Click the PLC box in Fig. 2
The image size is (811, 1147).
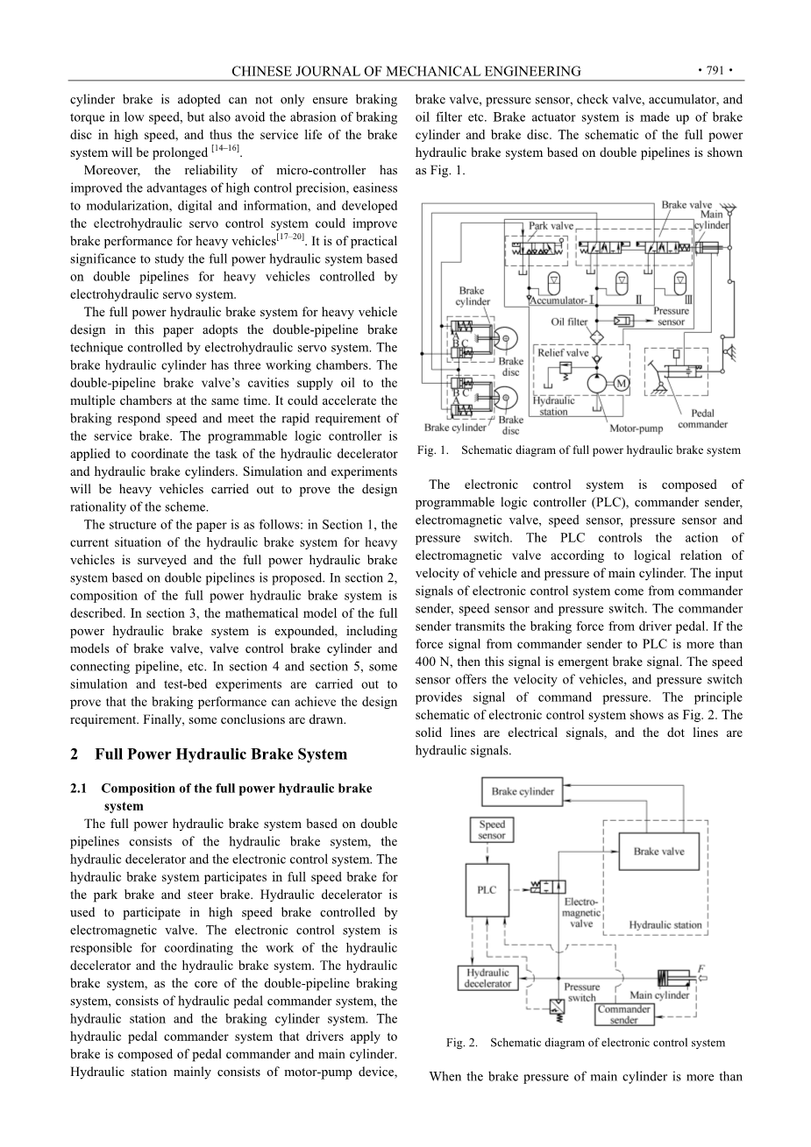(x=487, y=890)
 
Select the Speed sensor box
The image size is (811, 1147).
(x=492, y=830)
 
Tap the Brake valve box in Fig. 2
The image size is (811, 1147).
(x=658, y=851)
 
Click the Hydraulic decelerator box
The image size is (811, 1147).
(x=487, y=978)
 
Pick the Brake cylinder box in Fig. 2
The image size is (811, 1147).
(x=523, y=791)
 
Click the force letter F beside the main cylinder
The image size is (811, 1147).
(x=701, y=968)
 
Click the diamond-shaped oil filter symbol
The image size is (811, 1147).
(x=596, y=337)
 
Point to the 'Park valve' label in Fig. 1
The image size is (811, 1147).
(x=551, y=226)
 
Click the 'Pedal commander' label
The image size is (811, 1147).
(x=702, y=419)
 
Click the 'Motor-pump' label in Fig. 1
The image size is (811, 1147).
(x=636, y=428)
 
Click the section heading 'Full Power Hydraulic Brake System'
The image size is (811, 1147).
(x=220, y=754)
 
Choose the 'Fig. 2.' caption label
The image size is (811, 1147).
(x=462, y=1043)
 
